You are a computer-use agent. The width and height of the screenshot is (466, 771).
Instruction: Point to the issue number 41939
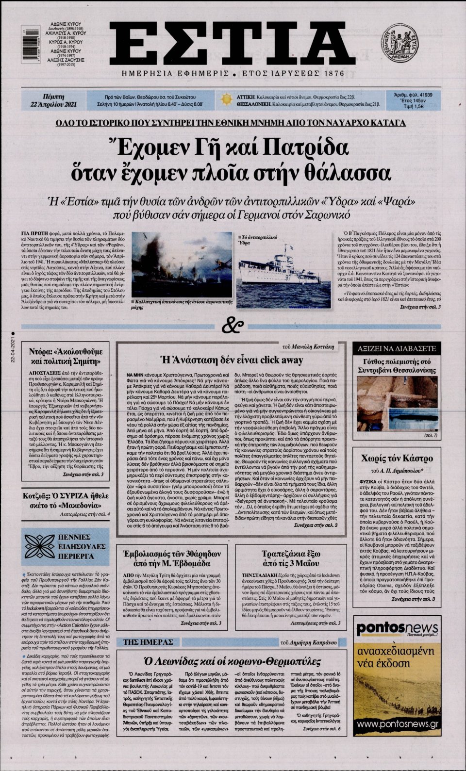420,95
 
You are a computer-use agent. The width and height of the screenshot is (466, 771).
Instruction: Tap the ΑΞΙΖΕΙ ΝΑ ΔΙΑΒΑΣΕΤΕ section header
397,349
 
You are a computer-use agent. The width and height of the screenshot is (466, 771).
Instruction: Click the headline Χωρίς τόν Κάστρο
397,459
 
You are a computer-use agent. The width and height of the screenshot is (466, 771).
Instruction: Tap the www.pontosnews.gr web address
397,724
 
